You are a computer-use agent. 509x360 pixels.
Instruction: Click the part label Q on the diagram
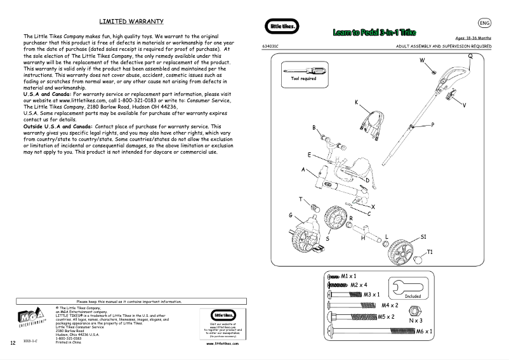click(x=470, y=55)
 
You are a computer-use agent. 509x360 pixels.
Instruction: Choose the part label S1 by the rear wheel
click(x=423, y=236)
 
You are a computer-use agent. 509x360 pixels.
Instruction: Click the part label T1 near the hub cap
click(x=430, y=252)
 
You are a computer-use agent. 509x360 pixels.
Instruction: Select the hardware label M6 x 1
click(x=425, y=331)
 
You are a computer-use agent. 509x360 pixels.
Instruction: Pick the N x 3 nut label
click(x=415, y=321)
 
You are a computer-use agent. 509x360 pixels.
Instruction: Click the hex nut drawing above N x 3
click(x=412, y=310)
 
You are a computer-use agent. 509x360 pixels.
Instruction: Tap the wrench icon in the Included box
click(x=413, y=286)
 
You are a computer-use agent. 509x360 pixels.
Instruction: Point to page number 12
click(x=13, y=343)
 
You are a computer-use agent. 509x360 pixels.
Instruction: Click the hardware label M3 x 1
click(x=371, y=295)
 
